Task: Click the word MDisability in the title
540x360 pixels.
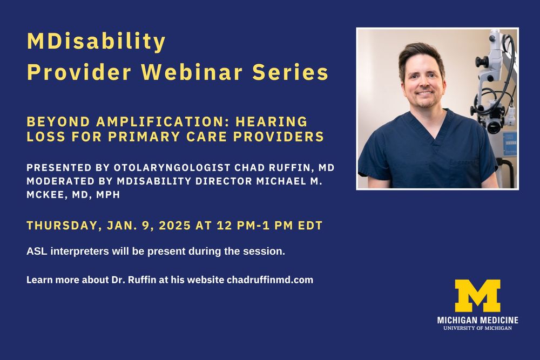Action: pyautogui.click(x=96, y=42)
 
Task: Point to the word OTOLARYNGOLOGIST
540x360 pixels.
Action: pyautogui.click(x=172, y=168)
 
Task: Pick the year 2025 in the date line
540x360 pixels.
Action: pyautogui.click(x=175, y=226)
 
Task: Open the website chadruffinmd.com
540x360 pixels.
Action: pyautogui.click(x=270, y=280)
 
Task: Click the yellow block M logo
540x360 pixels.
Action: pyautogui.click(x=477, y=296)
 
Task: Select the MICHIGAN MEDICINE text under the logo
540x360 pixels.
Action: pyautogui.click(x=478, y=320)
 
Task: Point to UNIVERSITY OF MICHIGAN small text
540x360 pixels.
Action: pyautogui.click(x=478, y=328)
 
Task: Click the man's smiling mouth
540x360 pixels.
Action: pyautogui.click(x=424, y=93)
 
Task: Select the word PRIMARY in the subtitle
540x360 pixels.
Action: pyautogui.click(x=145, y=137)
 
